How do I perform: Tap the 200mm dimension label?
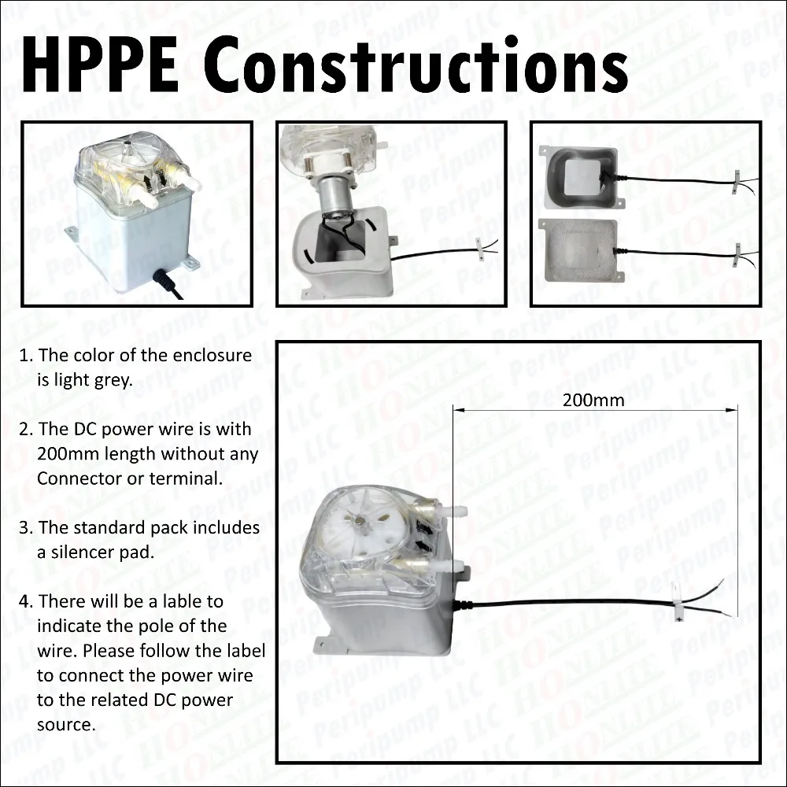[x=593, y=400]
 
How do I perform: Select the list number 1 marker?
[x=25, y=356]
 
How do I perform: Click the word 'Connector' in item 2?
[x=75, y=478]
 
